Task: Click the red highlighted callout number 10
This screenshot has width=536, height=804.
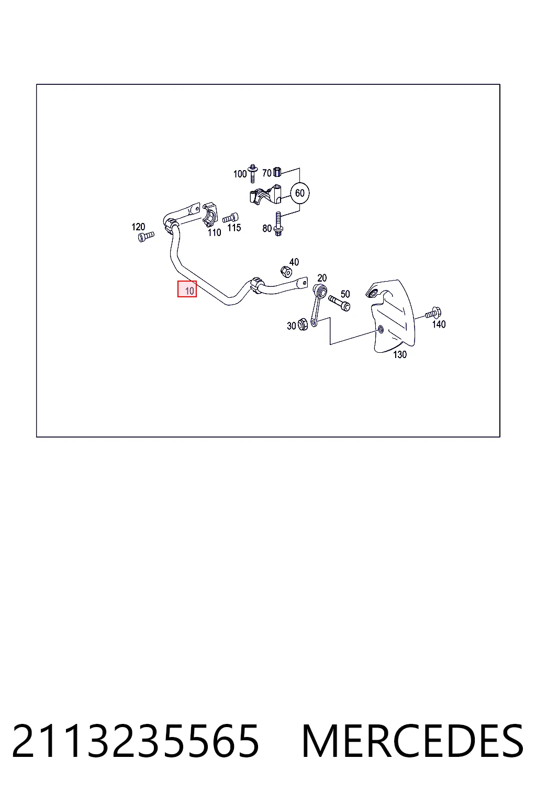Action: point(187,289)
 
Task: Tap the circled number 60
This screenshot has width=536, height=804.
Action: point(300,193)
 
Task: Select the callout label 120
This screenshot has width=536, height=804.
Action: point(138,227)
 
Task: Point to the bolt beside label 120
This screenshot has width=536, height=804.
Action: point(146,237)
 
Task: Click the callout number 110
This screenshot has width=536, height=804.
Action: point(214,232)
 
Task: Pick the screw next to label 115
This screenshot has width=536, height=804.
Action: point(230,218)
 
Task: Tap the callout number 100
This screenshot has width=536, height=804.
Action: point(240,174)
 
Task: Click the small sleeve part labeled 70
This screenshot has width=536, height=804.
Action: point(277,172)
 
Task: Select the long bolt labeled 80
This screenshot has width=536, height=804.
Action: point(278,224)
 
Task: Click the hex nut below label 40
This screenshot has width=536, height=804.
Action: point(286,272)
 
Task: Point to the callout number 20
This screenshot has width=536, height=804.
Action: point(322,278)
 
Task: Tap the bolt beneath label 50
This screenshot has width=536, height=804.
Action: point(339,303)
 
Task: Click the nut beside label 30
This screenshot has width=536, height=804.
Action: point(303,325)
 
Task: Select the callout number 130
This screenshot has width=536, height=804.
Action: point(399,354)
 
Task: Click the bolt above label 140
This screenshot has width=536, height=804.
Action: point(433,313)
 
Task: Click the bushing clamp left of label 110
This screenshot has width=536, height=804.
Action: point(210,215)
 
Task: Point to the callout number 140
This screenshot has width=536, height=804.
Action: point(439,325)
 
